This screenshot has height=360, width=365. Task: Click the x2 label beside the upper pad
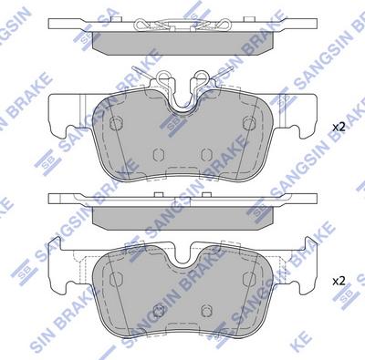coord(339,127)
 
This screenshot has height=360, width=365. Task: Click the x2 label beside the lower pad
coord(339,281)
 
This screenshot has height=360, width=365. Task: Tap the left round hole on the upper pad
coord(115,123)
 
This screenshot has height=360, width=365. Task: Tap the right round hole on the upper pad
coord(249,123)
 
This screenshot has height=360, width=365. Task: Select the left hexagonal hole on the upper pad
coord(159,155)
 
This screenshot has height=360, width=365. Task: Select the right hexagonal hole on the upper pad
coord(206,155)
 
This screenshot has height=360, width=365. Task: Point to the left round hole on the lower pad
coord(115,278)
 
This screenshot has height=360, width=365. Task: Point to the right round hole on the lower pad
coord(249,278)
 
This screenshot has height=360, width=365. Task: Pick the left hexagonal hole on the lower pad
coord(159,310)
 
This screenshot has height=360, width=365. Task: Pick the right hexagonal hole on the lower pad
coord(206,310)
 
